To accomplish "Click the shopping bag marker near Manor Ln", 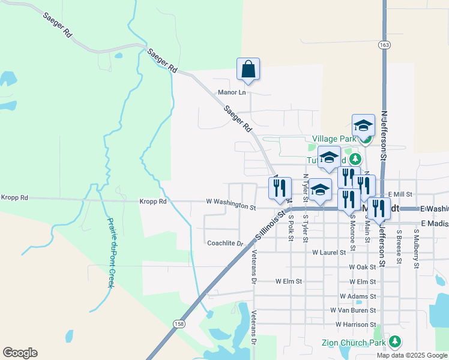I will pyautogui.click(x=248, y=70).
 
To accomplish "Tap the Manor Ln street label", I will pyautogui.click(x=232, y=92).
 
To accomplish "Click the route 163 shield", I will pyautogui.click(x=384, y=45).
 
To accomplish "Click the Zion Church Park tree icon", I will pyautogui.click(x=394, y=342).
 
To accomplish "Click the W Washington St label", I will pyautogui.click(x=231, y=205).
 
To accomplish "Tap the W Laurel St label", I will pyautogui.click(x=329, y=253).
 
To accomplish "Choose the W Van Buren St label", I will pyautogui.click(x=353, y=310).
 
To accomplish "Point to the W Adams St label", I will pyautogui.click(x=358, y=296).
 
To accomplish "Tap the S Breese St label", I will pyautogui.click(x=399, y=247).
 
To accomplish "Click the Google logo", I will pyautogui.click(x=20, y=353).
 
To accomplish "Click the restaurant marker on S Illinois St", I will pyautogui.click(x=279, y=188).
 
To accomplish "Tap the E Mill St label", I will pyautogui.click(x=400, y=194).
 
